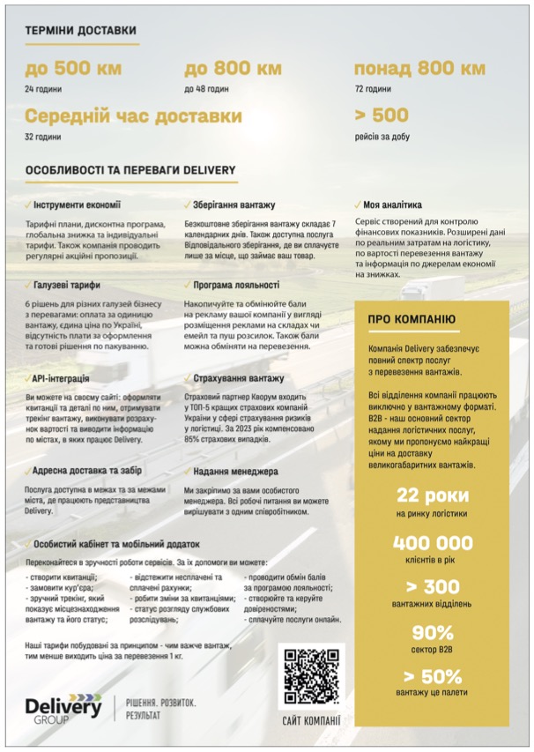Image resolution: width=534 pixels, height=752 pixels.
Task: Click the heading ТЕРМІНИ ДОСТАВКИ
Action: [x=80, y=30]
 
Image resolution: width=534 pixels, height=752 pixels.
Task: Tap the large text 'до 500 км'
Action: [x=73, y=69]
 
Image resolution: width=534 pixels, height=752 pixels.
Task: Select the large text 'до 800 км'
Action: [x=233, y=69]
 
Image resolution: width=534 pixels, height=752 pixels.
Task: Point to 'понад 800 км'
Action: [x=419, y=69]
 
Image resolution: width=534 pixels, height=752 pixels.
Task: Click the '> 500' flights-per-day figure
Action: [x=381, y=115]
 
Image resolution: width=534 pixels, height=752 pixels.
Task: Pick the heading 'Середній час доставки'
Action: [x=133, y=116]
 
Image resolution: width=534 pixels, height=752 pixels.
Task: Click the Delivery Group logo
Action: [x=63, y=710]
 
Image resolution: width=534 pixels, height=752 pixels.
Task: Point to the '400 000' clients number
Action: [x=433, y=543]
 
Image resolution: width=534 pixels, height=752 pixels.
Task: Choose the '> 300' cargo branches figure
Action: [x=433, y=587]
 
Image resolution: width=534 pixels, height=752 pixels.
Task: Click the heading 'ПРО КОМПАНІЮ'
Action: [x=412, y=318]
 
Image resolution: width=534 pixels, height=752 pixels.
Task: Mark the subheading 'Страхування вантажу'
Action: [x=237, y=378]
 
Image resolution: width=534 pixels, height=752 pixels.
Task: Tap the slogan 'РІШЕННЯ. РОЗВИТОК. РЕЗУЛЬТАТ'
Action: [x=161, y=710]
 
